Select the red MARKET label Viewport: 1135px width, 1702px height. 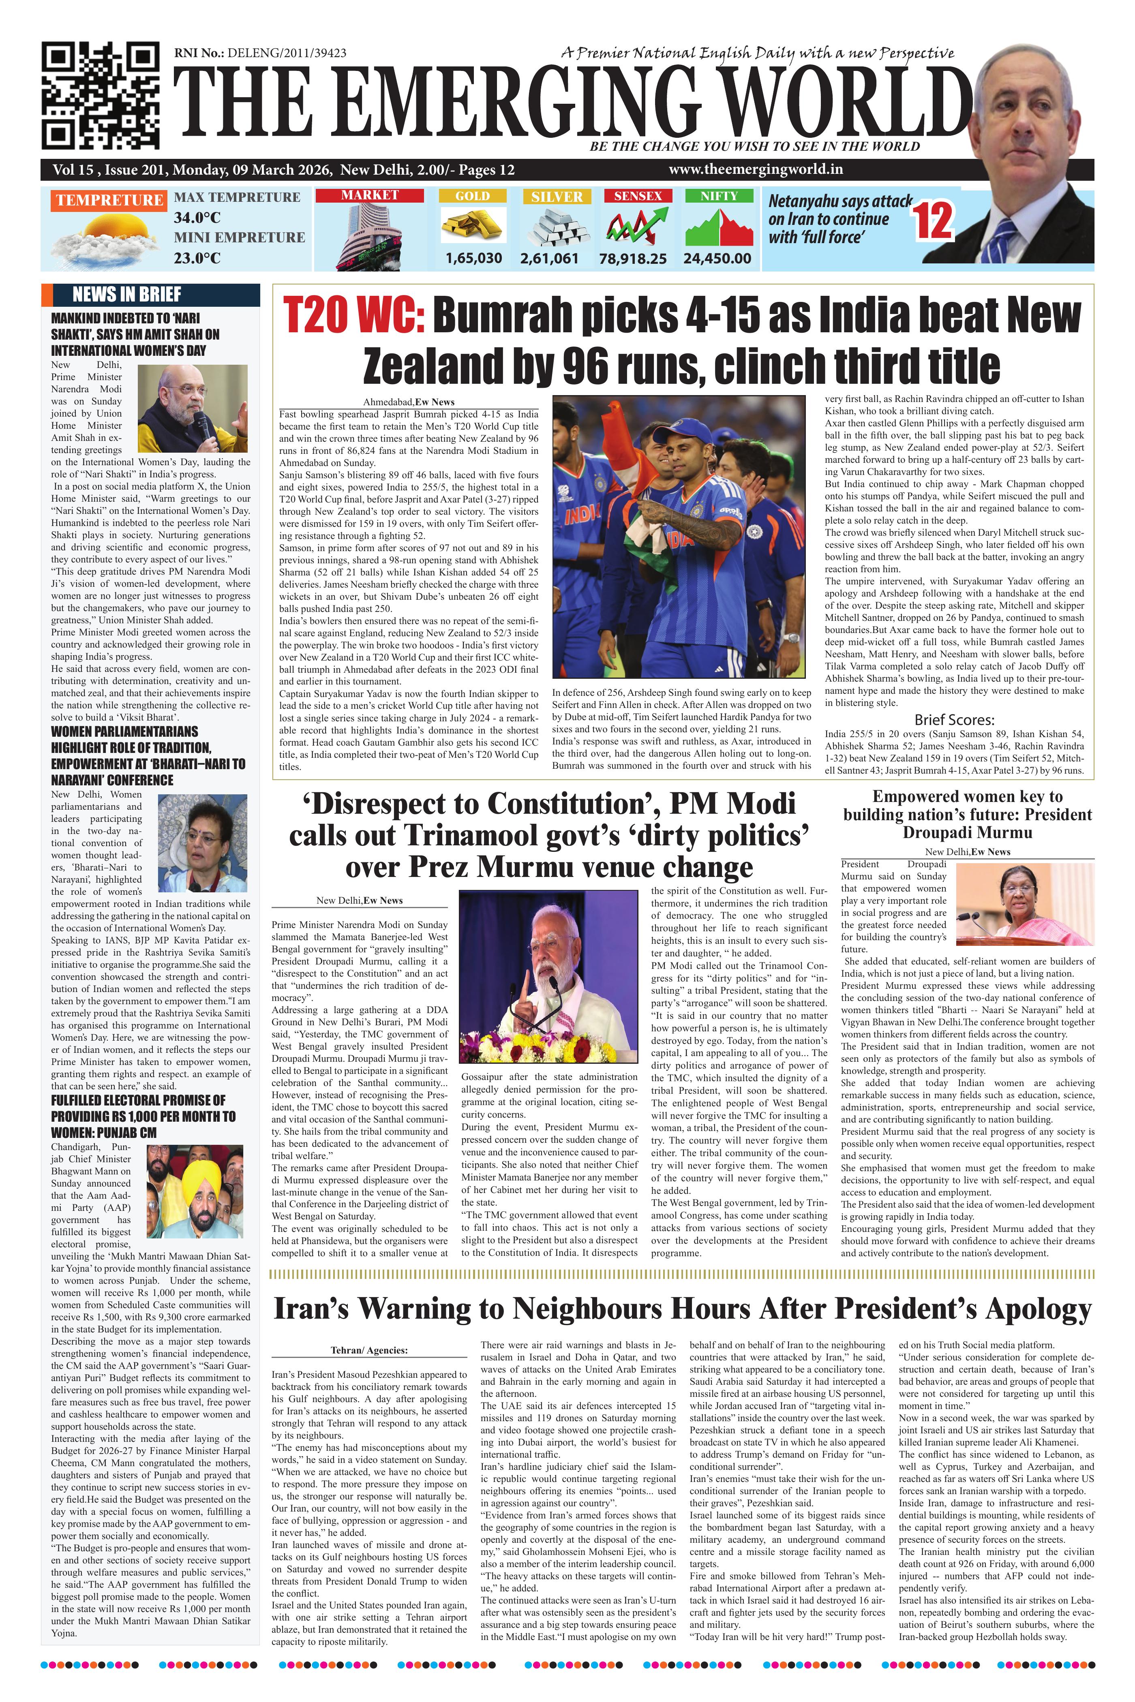(x=370, y=195)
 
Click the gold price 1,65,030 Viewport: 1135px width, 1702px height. (x=473, y=259)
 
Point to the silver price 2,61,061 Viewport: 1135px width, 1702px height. (x=549, y=259)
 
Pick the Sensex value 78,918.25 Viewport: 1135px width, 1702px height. (x=633, y=259)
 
